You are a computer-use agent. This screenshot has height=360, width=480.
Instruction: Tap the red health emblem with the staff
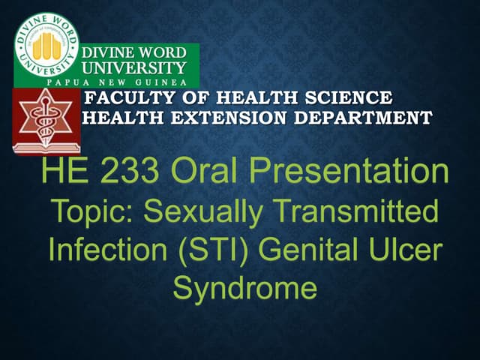[x=47, y=121]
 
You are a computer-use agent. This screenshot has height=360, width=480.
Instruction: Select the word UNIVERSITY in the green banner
[x=133, y=67]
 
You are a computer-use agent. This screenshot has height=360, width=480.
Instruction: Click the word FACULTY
[x=124, y=98]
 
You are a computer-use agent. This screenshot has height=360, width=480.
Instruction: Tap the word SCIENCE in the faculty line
[x=351, y=98]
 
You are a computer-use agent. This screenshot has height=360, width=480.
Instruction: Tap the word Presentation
[x=350, y=174]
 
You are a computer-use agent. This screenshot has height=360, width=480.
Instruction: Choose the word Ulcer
[x=406, y=249]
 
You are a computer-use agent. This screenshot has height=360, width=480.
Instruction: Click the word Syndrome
[x=244, y=288]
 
